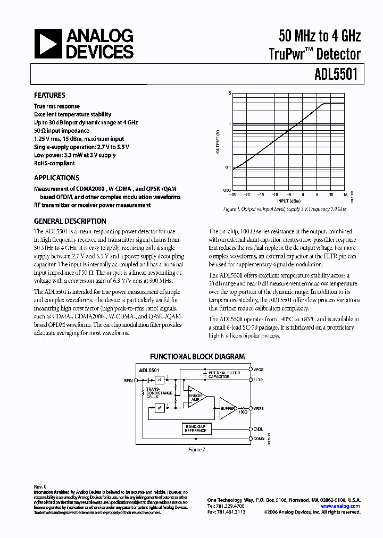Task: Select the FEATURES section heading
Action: pyautogui.click(x=49, y=95)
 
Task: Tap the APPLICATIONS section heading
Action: pyautogui.click(x=56, y=178)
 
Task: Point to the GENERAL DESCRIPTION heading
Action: pyautogui.click(x=70, y=221)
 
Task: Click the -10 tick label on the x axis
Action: pyautogui.click(x=276, y=195)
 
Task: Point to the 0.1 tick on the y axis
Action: pyautogui.click(x=227, y=167)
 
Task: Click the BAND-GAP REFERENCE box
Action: pyautogui.click(x=196, y=428)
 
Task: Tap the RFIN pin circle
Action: pyautogui.click(x=136, y=380)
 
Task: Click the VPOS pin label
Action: pyautogui.click(x=259, y=369)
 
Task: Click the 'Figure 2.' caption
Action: pyautogui.click(x=197, y=449)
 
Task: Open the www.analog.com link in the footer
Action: pyautogui.click(x=347, y=506)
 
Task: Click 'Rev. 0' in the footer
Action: pyautogui.click(x=40, y=486)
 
